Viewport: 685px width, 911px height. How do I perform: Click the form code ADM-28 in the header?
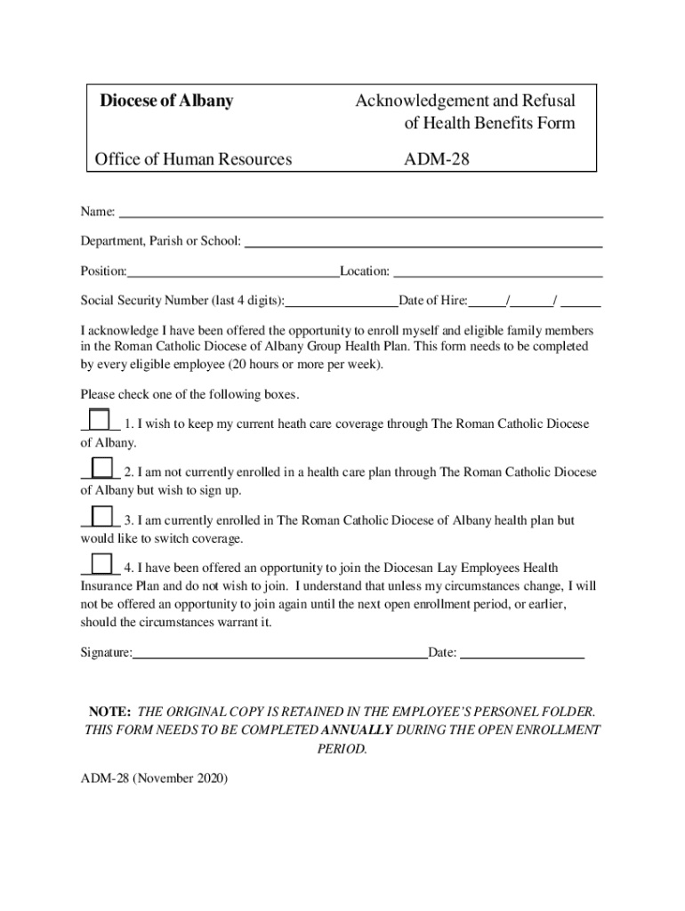click(x=437, y=159)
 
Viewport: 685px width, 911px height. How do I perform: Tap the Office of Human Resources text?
click(x=193, y=159)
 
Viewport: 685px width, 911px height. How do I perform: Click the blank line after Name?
click(x=360, y=213)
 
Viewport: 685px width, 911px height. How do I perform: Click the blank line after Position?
click(x=232, y=271)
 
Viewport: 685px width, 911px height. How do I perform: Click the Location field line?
click(x=497, y=271)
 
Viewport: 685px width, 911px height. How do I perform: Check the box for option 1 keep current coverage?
click(x=100, y=419)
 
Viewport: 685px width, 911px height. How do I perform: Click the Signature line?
click(x=280, y=653)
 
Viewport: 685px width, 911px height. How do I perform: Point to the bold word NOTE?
click(x=109, y=713)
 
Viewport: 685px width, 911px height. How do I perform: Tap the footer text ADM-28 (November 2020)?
click(x=154, y=778)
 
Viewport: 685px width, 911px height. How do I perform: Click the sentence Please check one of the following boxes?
click(x=190, y=394)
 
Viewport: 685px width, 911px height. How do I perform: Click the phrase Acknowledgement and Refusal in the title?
click(x=464, y=101)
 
